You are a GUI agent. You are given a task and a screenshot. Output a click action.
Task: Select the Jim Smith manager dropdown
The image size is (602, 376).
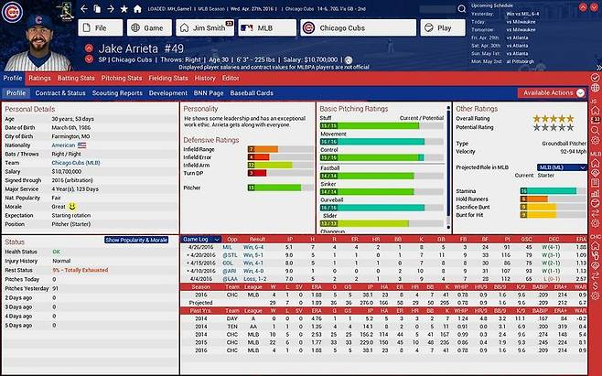[x=207, y=28]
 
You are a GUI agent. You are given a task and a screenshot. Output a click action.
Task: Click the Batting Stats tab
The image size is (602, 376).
[x=75, y=79]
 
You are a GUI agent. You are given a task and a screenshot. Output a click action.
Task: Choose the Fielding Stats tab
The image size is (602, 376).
[x=167, y=79]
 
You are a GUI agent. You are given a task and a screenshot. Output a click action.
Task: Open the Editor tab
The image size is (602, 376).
[x=231, y=79]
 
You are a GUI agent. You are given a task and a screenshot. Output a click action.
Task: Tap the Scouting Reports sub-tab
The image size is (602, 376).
[x=116, y=93]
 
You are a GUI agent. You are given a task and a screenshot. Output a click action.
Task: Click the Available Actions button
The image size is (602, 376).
[x=550, y=93]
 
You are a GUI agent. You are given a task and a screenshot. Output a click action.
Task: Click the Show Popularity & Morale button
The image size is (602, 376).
[x=136, y=240]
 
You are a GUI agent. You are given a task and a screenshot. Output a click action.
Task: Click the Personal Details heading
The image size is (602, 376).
[x=30, y=108]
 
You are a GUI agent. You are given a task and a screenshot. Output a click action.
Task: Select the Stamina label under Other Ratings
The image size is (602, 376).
[x=468, y=191]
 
